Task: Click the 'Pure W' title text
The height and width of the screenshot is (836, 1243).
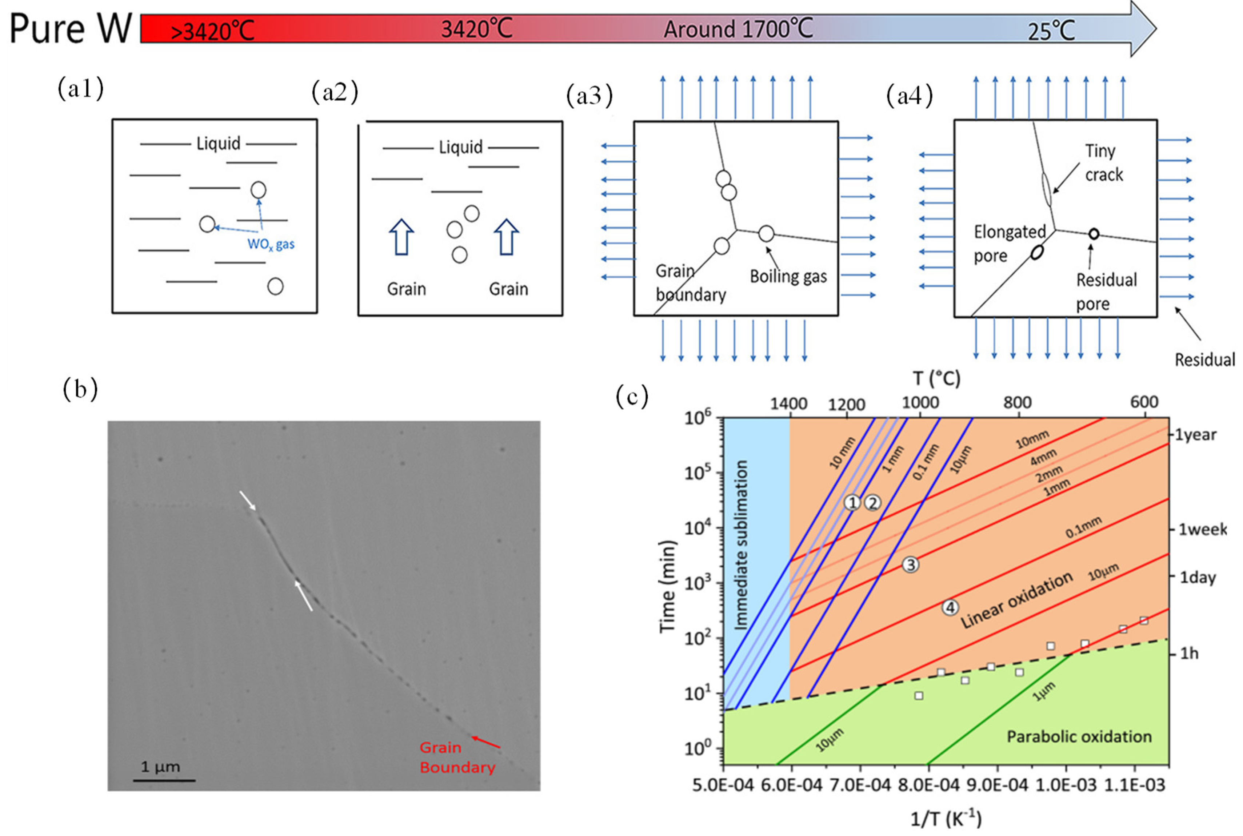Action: coord(71,29)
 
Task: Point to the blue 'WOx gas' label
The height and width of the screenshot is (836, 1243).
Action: coord(271,244)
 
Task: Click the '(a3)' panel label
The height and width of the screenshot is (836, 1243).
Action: coord(589,96)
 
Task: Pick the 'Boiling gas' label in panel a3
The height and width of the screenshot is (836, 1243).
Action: coord(788,276)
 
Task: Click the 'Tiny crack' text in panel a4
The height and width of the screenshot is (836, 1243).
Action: coord(1103,162)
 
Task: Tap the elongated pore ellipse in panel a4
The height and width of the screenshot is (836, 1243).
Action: coord(1036,252)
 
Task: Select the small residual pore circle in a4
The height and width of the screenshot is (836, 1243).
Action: coord(1094,233)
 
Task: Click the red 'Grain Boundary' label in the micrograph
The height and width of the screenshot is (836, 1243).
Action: coord(457,757)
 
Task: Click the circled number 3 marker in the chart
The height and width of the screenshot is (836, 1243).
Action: coord(911,564)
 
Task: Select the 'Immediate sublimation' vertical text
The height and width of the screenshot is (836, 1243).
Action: coord(742,545)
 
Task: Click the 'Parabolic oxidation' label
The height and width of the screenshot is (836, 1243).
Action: coord(1079,737)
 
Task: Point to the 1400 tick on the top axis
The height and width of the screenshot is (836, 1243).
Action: coord(788,403)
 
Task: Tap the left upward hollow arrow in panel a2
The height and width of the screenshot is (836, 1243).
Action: coord(401,237)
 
